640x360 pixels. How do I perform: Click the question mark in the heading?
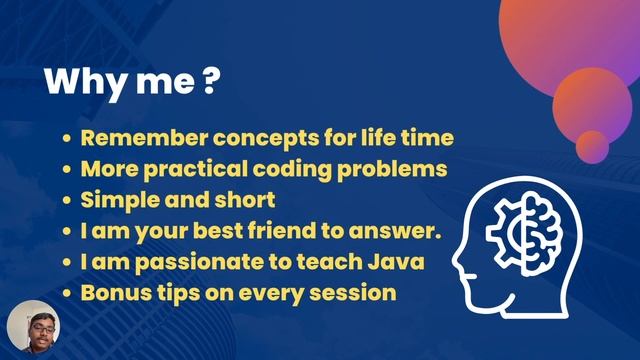pos(210,82)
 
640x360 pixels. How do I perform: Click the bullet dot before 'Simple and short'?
pos(66,201)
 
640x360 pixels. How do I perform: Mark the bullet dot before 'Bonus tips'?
pos(66,295)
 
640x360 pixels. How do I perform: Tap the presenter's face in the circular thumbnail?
pos(32,325)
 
